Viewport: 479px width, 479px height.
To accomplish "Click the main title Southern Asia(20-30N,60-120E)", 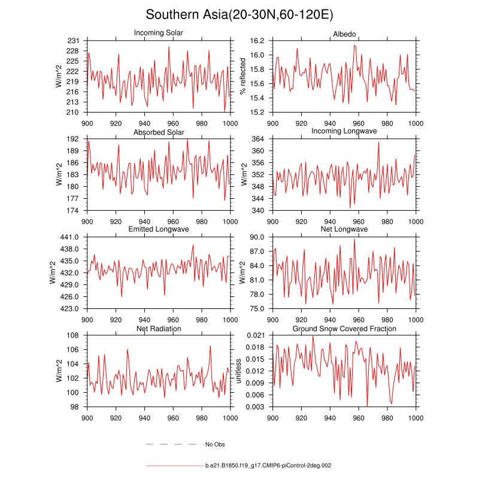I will [x=239, y=14].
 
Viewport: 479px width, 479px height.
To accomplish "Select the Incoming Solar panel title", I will [x=159, y=32].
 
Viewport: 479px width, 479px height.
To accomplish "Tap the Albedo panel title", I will [x=344, y=32].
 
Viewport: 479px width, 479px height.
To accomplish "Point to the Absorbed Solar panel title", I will [x=159, y=132].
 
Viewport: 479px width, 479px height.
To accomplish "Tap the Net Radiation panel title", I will [x=159, y=329].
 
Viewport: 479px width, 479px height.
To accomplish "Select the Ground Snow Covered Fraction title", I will [x=344, y=329].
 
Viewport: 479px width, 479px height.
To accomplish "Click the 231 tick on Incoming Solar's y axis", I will [x=73, y=41].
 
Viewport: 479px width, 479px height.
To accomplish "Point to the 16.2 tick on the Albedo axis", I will [x=257, y=41].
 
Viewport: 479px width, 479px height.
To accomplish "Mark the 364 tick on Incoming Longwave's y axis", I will [x=259, y=139].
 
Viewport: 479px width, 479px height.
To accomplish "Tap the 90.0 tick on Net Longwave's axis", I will [x=257, y=237].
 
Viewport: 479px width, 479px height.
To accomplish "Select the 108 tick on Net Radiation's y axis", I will [x=73, y=335].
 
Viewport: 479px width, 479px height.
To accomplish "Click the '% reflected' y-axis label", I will [x=242, y=76].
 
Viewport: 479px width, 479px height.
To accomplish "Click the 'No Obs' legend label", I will [x=215, y=444].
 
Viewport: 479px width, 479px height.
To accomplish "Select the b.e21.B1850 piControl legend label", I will [x=268, y=465].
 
